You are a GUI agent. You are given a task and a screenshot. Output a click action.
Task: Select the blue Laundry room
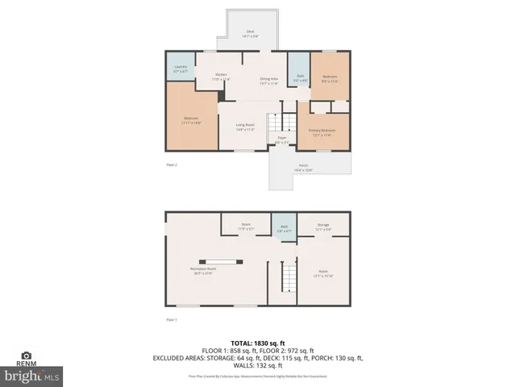181,70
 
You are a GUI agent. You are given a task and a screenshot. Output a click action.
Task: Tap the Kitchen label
221,77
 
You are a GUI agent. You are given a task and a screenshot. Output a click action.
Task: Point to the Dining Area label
269,81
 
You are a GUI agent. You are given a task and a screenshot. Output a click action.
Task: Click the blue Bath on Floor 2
299,77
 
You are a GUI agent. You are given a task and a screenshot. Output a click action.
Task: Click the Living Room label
245,127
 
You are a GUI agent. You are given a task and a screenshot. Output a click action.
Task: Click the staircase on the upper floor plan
278,123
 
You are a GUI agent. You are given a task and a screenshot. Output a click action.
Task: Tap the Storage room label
323,227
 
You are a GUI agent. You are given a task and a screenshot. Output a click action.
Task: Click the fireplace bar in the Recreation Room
221,261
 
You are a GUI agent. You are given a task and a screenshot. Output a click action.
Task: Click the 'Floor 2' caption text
171,164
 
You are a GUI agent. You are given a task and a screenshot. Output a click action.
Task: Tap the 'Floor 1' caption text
171,320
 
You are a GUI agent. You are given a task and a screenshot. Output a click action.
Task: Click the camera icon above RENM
27,356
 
